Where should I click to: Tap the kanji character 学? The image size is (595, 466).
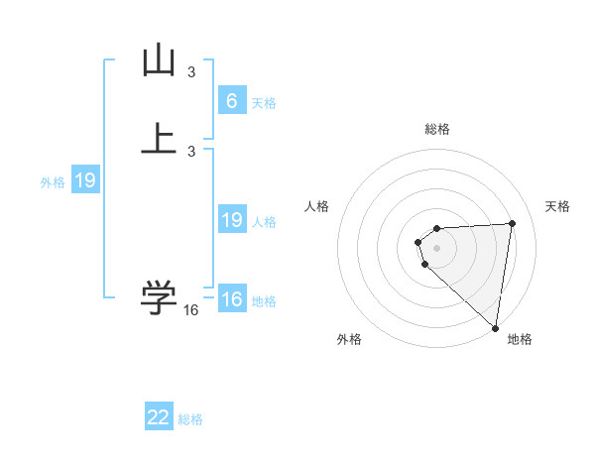point(160,296)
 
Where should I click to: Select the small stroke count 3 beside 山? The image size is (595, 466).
point(191,72)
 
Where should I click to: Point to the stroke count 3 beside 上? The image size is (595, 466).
point(191,152)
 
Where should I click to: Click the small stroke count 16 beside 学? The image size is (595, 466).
point(191,310)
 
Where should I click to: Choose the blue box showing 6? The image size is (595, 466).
point(231,101)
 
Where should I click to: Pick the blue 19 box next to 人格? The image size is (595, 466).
point(231,220)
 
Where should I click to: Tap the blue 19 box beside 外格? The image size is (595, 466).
point(85,180)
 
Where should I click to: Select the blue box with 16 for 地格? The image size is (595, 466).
point(231,299)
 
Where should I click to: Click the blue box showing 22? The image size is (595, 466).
point(159,417)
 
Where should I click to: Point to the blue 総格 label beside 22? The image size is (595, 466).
point(190,419)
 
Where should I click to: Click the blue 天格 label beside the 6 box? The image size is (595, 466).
point(264,103)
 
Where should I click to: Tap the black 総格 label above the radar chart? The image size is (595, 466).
point(437,129)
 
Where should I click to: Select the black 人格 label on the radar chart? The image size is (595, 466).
point(317,206)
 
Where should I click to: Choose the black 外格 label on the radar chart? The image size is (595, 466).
point(349,339)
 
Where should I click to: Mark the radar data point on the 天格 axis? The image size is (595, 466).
point(512,223)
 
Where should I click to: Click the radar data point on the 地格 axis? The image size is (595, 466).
point(495,327)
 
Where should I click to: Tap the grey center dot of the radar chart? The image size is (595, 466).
point(437,247)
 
